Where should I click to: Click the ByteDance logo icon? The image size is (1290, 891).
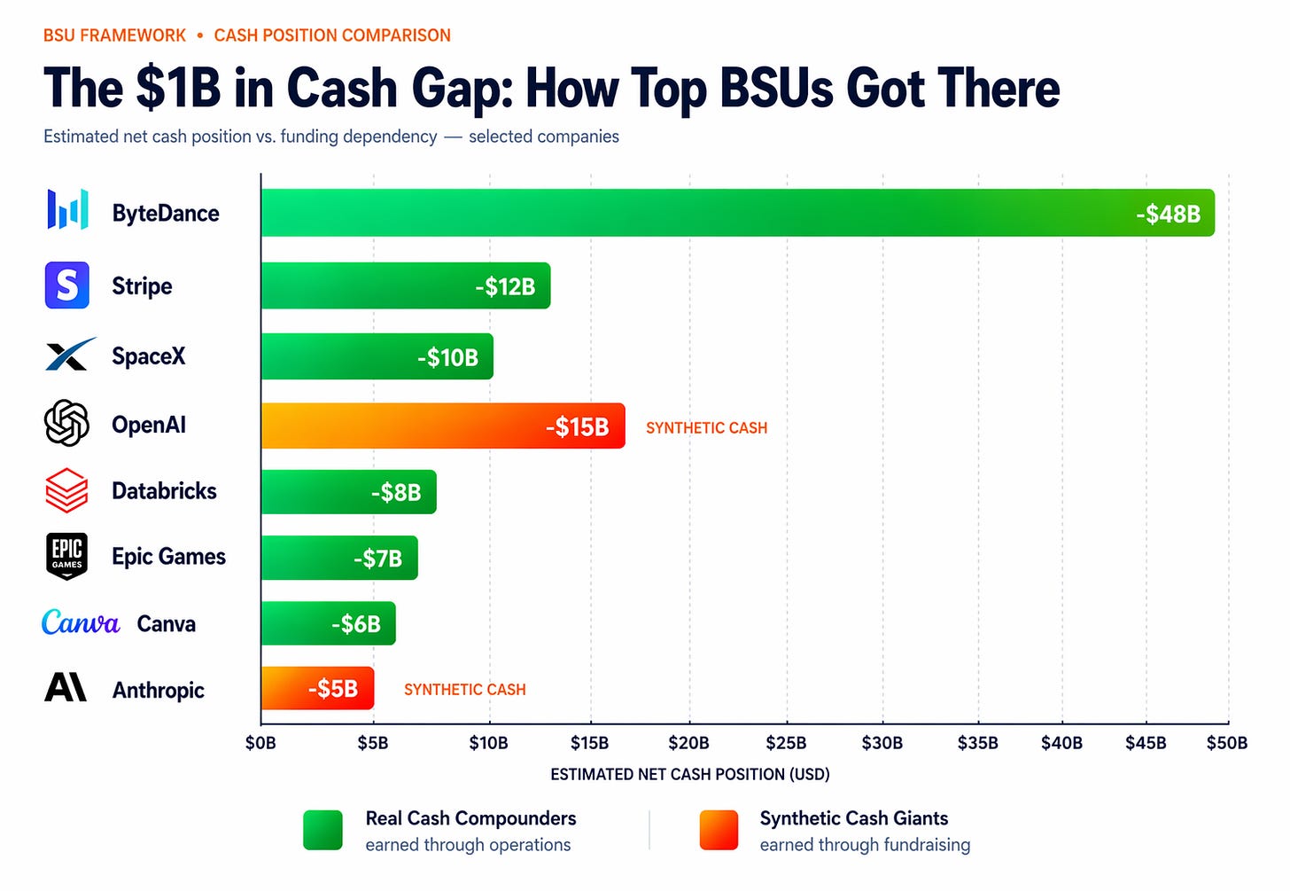click(x=67, y=210)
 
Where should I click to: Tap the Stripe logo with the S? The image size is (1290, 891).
click(x=67, y=285)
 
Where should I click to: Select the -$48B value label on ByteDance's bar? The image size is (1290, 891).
click(x=1168, y=214)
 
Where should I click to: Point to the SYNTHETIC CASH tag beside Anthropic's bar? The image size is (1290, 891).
click(x=464, y=690)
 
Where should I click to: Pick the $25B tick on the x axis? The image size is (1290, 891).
click(x=786, y=743)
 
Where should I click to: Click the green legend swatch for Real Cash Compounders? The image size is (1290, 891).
click(x=322, y=831)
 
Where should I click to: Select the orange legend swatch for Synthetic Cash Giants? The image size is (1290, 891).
click(x=719, y=831)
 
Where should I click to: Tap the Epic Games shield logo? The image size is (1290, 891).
click(x=66, y=557)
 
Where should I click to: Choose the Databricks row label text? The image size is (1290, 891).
click(x=164, y=491)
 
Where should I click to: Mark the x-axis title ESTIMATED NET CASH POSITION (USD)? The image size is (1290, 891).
click(x=689, y=775)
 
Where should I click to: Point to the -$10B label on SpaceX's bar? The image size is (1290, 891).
click(x=447, y=357)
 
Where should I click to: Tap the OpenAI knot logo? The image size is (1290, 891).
click(x=66, y=423)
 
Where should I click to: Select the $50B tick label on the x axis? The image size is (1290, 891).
click(x=1226, y=743)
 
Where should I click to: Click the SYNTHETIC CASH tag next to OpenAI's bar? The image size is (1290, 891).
click(x=706, y=428)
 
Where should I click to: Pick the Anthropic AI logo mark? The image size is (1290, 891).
click(x=66, y=688)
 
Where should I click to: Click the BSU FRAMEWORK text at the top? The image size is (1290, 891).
click(x=114, y=35)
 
